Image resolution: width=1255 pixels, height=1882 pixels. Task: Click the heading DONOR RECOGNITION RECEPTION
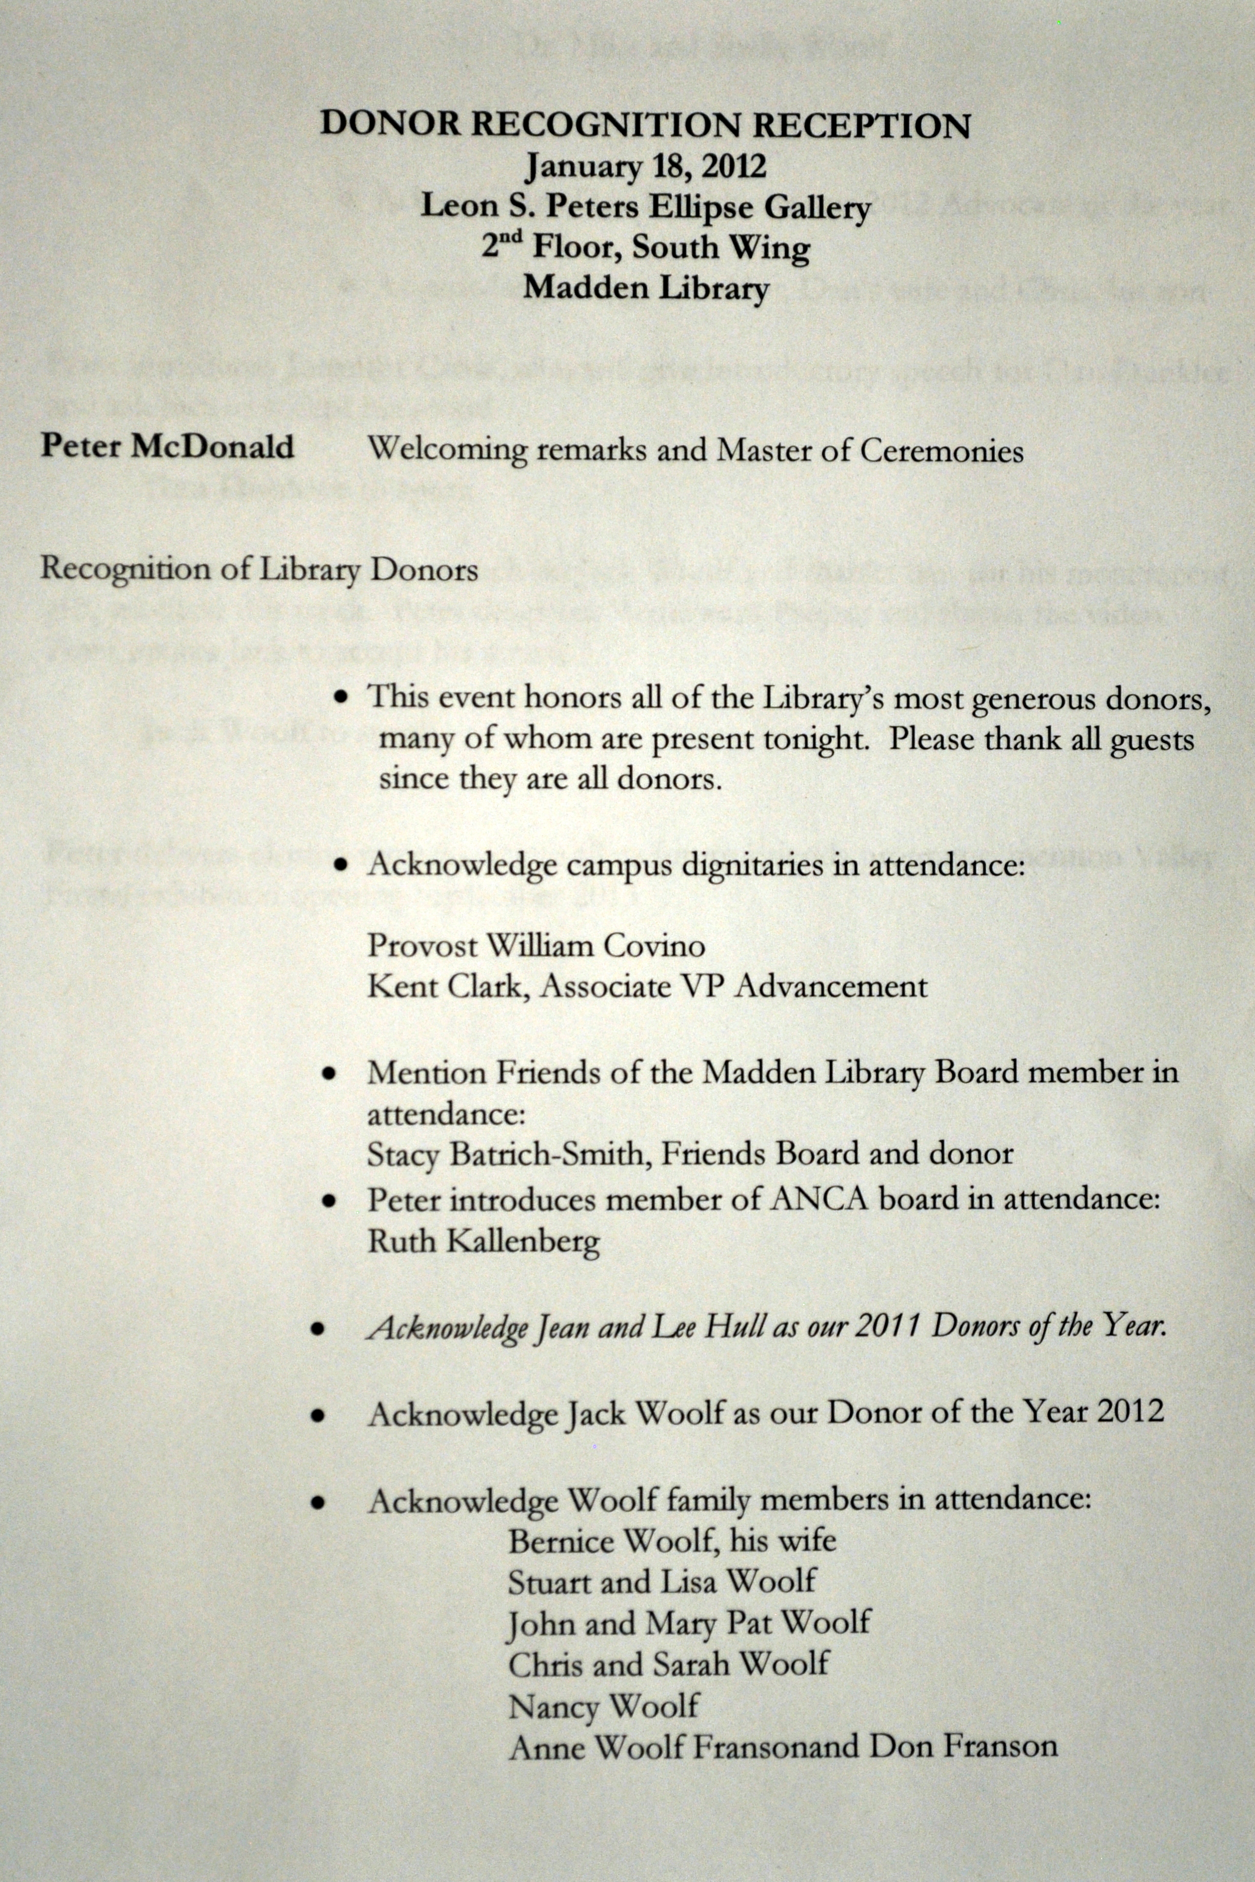click(x=645, y=126)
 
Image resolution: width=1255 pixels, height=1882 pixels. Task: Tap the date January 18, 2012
click(x=645, y=166)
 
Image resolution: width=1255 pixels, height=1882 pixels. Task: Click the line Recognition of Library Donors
click(x=259, y=569)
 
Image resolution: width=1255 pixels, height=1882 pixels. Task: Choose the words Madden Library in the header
click(x=645, y=286)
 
